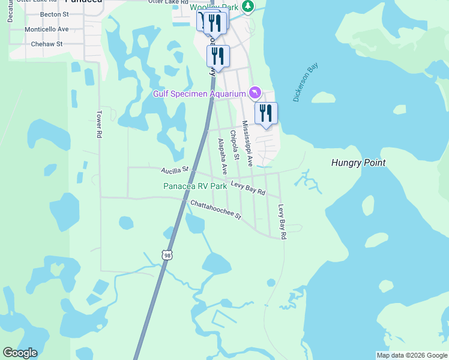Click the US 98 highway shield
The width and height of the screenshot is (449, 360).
pyautogui.click(x=167, y=255)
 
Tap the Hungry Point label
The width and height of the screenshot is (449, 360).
pyautogui.click(x=358, y=163)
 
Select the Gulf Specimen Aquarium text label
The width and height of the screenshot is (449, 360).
pyautogui.click(x=199, y=94)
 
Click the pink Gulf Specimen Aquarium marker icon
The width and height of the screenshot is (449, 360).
pyautogui.click(x=255, y=92)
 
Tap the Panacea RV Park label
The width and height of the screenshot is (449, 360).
pyautogui.click(x=195, y=186)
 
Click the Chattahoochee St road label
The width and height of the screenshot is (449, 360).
pyautogui.click(x=215, y=209)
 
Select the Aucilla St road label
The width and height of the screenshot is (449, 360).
pyautogui.click(x=175, y=172)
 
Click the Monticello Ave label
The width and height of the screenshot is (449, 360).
pyautogui.click(x=47, y=29)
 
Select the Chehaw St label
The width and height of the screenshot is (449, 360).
pyautogui.click(x=47, y=44)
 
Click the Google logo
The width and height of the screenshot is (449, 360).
pyautogui.click(x=20, y=353)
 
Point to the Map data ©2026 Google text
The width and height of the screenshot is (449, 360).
pyautogui.click(x=412, y=355)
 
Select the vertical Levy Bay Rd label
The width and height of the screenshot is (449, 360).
pyautogui.click(x=282, y=222)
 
